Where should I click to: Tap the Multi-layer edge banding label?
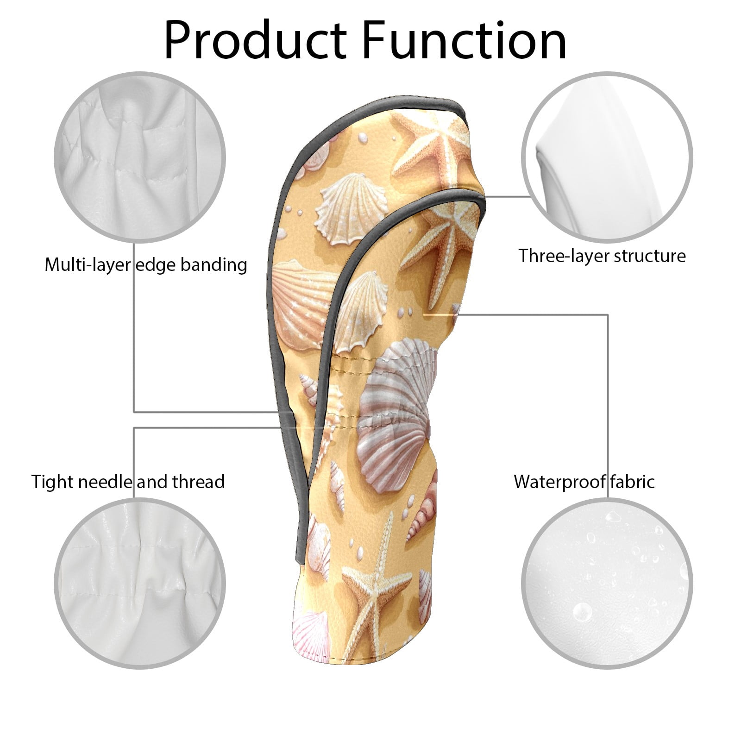click(146, 265)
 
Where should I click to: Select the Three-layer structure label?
click(602, 256)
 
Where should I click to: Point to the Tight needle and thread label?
click(128, 482)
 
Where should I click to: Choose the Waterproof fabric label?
click(584, 482)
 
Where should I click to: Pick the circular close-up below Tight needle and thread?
click(140, 584)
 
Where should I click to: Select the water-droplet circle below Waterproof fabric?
click(608, 584)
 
